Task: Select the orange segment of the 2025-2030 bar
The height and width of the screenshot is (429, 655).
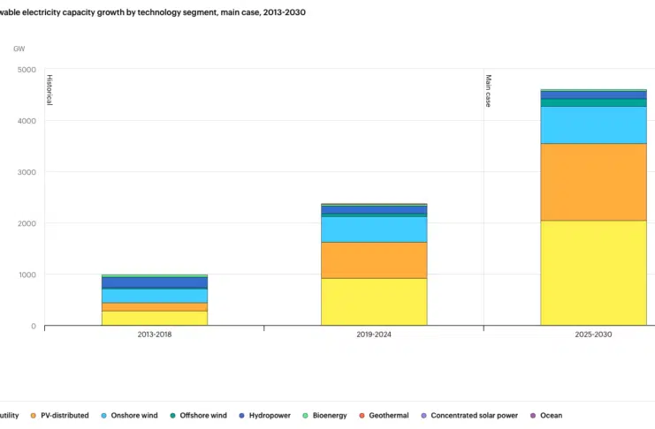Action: point(593,181)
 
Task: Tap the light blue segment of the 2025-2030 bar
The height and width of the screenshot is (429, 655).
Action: point(593,124)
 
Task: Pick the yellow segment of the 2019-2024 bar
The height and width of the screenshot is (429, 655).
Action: point(374,301)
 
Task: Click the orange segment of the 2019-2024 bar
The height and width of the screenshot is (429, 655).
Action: point(374,260)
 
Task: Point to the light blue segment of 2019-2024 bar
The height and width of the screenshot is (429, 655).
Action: point(374,229)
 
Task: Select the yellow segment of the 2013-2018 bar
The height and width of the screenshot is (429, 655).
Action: point(155,318)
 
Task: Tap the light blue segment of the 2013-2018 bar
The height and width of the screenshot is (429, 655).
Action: point(155,296)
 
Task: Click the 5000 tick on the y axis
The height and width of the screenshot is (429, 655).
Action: point(27,70)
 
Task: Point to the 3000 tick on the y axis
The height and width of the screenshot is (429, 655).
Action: point(27,172)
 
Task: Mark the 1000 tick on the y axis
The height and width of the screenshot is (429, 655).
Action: point(27,275)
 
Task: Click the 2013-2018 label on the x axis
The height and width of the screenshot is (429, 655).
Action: point(155,335)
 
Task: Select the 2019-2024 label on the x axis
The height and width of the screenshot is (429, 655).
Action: point(374,335)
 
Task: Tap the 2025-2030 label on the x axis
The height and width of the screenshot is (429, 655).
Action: point(593,335)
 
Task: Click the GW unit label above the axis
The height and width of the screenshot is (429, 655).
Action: point(19,48)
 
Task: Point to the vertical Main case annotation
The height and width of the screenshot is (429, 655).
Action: point(488,91)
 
